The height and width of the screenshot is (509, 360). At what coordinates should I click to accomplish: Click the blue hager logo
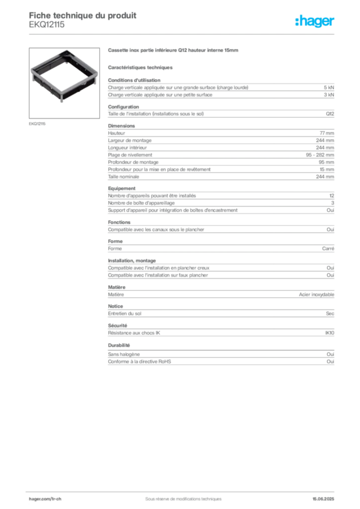[316, 22]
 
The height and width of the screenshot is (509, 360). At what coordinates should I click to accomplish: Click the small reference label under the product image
[38, 123]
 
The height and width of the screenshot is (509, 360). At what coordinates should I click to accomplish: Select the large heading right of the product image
[173, 51]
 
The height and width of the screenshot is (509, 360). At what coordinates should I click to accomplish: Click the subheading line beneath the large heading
[141, 67]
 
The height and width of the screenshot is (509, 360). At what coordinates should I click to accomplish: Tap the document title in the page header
[82, 15]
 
